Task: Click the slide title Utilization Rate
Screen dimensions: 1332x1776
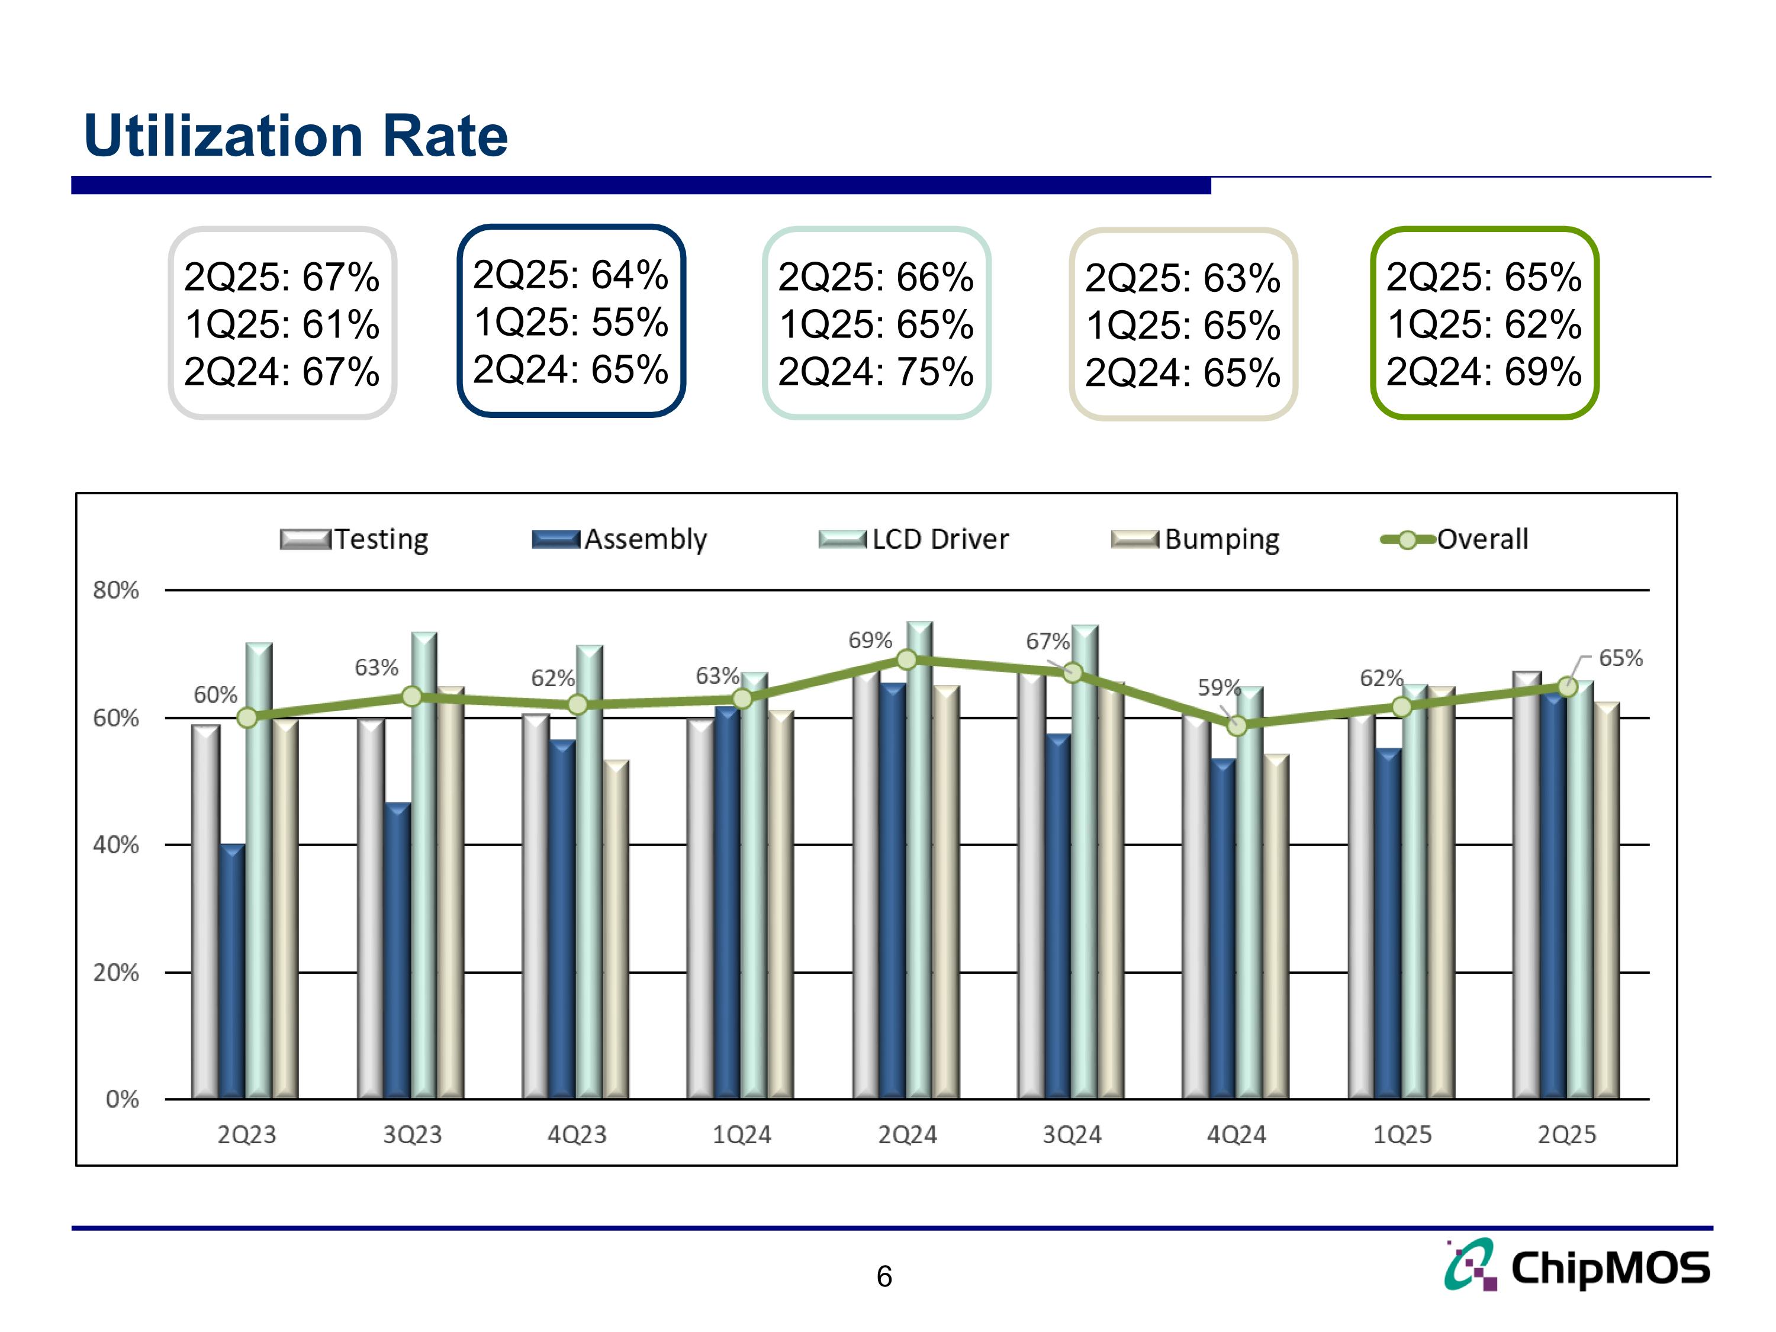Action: (x=295, y=136)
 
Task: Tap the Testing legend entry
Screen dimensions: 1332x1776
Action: (x=354, y=539)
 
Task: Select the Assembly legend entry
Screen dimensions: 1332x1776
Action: (x=620, y=539)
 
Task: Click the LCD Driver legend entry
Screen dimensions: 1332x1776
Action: (x=913, y=539)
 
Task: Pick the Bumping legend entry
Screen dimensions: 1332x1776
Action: (x=1195, y=539)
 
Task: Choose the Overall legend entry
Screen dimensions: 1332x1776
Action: (x=1454, y=539)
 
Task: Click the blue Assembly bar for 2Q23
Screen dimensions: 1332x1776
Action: (x=232, y=971)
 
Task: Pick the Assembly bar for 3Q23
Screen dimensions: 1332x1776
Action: (x=397, y=951)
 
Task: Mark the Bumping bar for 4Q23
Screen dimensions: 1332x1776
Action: (x=616, y=931)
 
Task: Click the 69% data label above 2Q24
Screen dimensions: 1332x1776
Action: (x=870, y=640)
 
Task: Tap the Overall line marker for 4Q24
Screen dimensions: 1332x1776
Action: (x=1237, y=726)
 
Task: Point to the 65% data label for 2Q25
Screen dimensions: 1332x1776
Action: (x=1620, y=658)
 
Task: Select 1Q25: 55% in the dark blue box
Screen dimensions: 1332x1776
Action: (x=571, y=322)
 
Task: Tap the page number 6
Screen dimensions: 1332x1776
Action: (x=884, y=1276)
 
